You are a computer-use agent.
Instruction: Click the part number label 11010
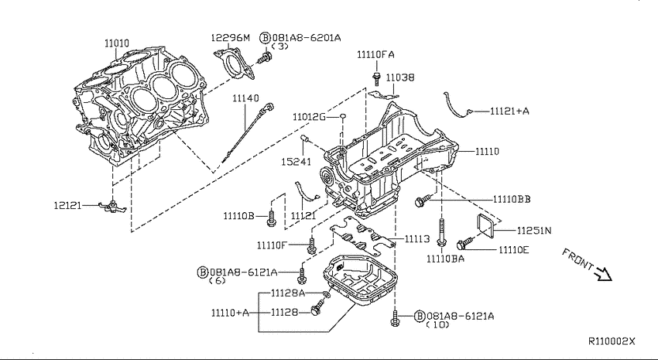click(x=117, y=43)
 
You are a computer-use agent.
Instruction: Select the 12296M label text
click(x=230, y=38)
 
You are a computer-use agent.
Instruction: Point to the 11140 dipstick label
click(x=246, y=98)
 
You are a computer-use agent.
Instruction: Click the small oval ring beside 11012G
click(x=342, y=116)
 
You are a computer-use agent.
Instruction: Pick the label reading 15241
click(x=296, y=162)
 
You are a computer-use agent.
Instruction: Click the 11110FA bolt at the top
click(x=377, y=78)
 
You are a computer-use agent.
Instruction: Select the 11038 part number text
click(x=400, y=77)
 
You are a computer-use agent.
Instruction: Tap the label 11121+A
click(x=509, y=111)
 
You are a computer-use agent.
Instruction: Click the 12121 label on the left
click(x=67, y=206)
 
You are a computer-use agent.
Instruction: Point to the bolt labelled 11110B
click(x=272, y=218)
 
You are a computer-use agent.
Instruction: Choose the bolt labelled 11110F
click(x=311, y=245)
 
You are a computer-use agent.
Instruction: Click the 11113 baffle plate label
click(x=417, y=238)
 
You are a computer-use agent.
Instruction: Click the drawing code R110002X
click(x=612, y=341)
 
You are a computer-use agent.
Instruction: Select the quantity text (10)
click(x=437, y=324)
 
